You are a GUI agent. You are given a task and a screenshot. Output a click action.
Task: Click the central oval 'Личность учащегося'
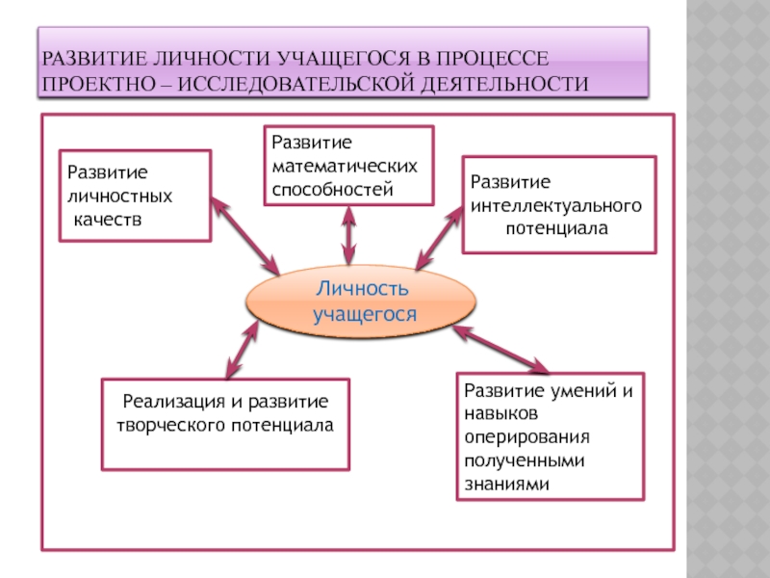pos(361,302)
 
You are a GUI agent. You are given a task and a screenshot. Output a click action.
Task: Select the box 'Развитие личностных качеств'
pos(136,195)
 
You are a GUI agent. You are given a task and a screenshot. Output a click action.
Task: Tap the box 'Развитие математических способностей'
pos(348,165)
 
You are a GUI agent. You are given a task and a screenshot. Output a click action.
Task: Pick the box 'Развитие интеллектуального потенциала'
pos(558,204)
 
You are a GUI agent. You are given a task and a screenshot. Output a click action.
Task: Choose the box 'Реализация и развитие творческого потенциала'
pos(225,424)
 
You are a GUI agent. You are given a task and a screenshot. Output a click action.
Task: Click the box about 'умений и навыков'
pos(549,436)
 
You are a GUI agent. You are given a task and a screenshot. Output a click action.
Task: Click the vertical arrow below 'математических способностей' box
pos(348,234)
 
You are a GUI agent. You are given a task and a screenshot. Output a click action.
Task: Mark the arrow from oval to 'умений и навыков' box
pos(500,349)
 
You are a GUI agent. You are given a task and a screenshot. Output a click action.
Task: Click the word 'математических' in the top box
pos(345,166)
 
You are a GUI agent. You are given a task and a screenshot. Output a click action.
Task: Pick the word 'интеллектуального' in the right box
pos(556,206)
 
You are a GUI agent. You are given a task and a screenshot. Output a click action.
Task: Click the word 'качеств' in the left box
pos(108,218)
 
